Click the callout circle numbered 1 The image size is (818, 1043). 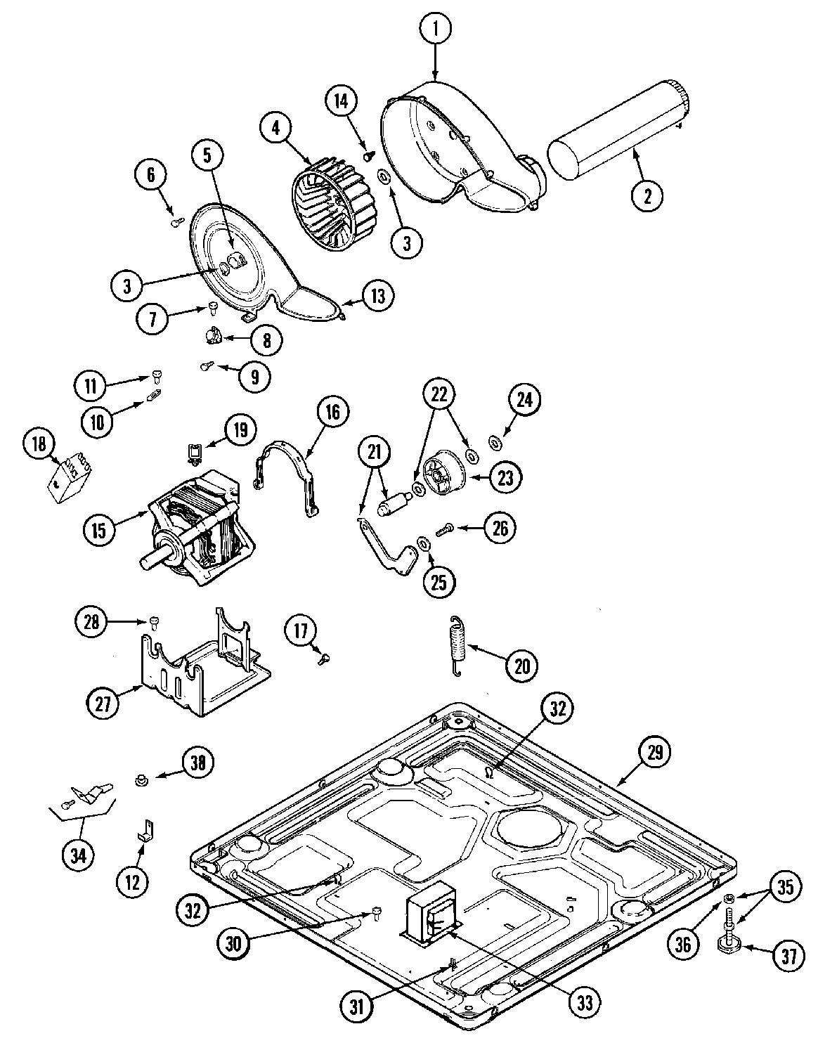pos(436,30)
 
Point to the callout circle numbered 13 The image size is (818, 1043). pos(378,296)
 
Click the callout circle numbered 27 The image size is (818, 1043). pos(104,703)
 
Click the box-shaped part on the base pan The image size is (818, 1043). pos(431,909)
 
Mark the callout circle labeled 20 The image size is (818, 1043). pos(521,665)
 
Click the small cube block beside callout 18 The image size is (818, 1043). pos(69,479)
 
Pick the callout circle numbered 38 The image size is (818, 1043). pos(197,763)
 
